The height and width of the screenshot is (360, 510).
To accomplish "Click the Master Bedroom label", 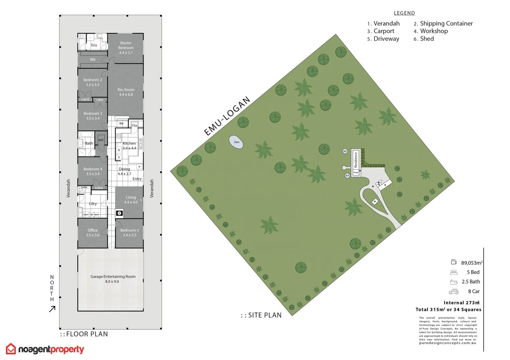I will click(126, 48).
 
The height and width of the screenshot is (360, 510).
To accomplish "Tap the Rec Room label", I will click(126, 92).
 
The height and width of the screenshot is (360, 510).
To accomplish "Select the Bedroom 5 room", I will click(130, 233).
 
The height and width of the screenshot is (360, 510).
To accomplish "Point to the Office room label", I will click(93, 233).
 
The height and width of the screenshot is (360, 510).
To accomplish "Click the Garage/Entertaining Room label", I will click(113, 279).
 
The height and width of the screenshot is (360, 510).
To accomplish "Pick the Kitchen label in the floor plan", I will click(129, 146).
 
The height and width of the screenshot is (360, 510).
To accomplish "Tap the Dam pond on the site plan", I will click(236, 142).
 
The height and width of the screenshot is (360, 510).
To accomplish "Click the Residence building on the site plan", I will click(356, 160).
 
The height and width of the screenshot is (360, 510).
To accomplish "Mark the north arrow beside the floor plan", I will click(52, 309).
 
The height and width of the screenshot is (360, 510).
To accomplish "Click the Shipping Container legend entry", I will click(446, 23).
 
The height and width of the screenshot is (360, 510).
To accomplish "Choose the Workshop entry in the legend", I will click(434, 31).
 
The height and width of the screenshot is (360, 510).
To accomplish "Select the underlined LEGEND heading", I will click(404, 13).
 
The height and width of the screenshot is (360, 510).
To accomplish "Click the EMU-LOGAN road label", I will click(227, 116).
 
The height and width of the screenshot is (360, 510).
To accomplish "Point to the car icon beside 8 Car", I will click(454, 292).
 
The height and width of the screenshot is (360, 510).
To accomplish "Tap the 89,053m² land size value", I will click(472, 263).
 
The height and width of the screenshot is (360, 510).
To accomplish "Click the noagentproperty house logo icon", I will click(11, 349).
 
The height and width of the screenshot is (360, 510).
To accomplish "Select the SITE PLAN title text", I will click(265, 315).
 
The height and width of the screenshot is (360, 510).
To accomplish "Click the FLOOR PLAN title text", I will click(87, 334).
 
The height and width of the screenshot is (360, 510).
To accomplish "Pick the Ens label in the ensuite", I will click(94, 45).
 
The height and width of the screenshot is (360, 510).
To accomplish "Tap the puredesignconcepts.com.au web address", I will click(448, 343).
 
